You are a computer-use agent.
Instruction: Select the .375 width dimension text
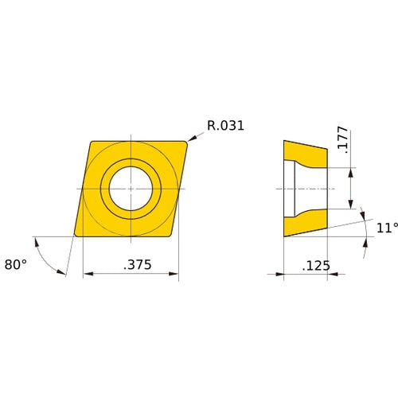click(131, 264)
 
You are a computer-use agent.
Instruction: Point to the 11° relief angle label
click(387, 228)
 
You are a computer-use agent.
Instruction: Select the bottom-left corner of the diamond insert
click(76, 236)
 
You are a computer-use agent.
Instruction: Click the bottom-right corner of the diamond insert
click(174, 235)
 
